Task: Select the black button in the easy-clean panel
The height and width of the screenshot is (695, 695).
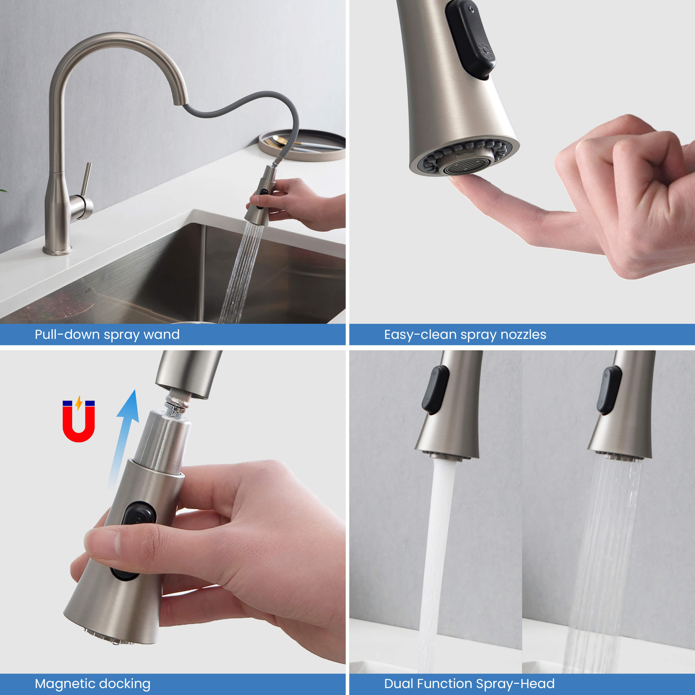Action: [470, 39]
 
